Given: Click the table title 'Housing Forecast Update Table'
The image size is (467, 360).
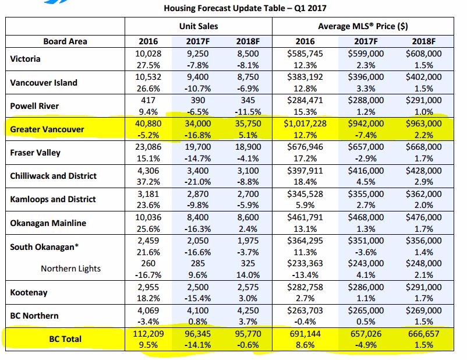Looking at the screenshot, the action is click(224, 8).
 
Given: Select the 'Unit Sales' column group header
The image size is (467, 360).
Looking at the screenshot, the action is click(199, 26).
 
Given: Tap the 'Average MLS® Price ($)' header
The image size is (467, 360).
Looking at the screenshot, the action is click(363, 26).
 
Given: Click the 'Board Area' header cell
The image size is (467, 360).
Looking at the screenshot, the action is click(65, 41).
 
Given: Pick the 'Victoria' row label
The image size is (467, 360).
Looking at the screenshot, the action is click(25, 59).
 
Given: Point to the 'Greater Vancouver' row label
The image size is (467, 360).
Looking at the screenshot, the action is click(47, 129).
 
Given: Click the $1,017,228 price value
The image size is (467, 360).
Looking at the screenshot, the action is click(305, 123).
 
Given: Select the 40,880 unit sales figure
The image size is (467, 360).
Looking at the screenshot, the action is click(148, 123).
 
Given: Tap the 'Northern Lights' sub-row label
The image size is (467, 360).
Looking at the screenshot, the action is click(70, 269).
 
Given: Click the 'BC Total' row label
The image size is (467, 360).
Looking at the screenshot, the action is click(65, 339).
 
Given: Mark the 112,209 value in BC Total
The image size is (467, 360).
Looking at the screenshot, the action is click(148, 333).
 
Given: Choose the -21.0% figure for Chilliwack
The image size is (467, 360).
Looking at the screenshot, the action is click(198, 182).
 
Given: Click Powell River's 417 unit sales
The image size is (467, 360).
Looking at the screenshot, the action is click(148, 100).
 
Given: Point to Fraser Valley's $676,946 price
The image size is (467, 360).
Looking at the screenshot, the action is click(305, 147).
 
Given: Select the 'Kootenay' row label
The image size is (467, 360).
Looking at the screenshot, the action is click(29, 292).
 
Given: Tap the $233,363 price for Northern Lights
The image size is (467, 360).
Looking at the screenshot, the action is click(305, 263).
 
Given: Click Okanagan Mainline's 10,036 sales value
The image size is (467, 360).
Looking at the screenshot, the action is click(148, 217).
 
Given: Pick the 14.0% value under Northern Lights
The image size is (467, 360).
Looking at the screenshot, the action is click(248, 275).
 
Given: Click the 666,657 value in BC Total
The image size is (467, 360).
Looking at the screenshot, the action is click(423, 333).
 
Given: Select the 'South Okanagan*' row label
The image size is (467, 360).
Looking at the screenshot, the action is click(44, 247).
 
